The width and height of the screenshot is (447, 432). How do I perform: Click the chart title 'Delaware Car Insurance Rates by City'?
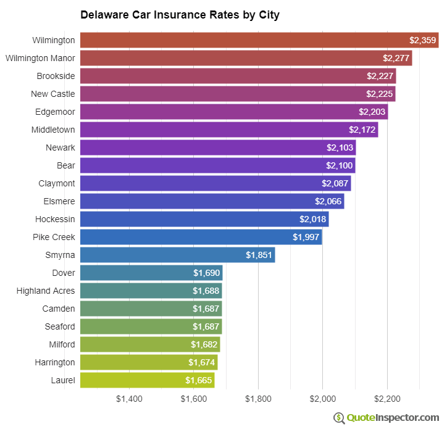pos(180,15)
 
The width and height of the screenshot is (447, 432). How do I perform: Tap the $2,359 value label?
pos(423,40)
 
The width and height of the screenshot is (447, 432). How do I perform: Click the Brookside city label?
pos(56,76)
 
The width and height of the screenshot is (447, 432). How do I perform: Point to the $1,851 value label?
pos(259,255)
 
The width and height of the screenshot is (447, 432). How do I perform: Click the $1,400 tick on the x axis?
pos(129,399)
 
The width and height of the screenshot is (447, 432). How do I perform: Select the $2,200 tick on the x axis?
pos(387,399)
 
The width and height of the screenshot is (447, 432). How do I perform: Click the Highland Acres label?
pos(46,291)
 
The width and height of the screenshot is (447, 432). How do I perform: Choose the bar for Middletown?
pos(229,130)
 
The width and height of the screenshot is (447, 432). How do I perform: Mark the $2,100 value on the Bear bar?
pos(339,165)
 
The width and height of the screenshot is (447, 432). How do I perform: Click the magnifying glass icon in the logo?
pos(339,418)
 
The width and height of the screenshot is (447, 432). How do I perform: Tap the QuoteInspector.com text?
pos(393,418)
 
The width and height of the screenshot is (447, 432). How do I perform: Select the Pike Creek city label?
pos(54,237)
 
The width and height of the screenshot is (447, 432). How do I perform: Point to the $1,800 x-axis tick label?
pos(258,399)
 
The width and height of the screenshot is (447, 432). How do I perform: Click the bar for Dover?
pos(151,273)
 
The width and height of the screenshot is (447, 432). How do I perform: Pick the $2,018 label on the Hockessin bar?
pos(312,219)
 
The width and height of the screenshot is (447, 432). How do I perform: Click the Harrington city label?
pos(55,362)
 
